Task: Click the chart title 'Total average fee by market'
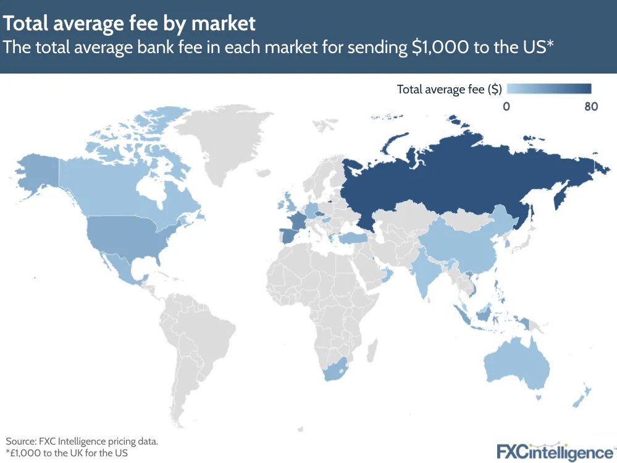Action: [x=129, y=23]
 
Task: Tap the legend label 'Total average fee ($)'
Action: [x=449, y=89]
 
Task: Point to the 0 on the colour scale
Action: [x=506, y=106]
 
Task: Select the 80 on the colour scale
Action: [x=590, y=106]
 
